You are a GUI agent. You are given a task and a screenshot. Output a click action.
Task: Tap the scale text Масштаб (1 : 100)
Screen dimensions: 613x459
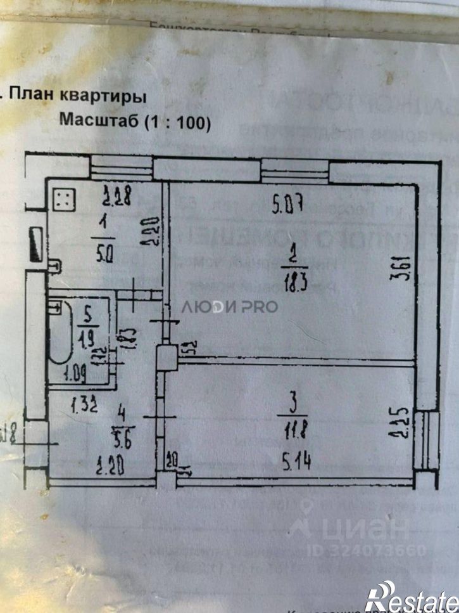tap(134, 122)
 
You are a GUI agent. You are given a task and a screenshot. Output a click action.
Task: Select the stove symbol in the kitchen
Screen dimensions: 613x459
tap(64, 200)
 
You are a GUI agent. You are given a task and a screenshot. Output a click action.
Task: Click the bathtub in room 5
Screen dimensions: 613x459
tap(61, 333)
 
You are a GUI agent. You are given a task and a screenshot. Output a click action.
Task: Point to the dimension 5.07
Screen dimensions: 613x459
tap(288, 205)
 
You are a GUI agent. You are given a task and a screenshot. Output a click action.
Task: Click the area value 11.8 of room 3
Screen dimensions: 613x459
tap(292, 435)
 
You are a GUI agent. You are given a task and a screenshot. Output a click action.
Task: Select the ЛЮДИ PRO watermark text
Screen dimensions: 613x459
tap(230, 307)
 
